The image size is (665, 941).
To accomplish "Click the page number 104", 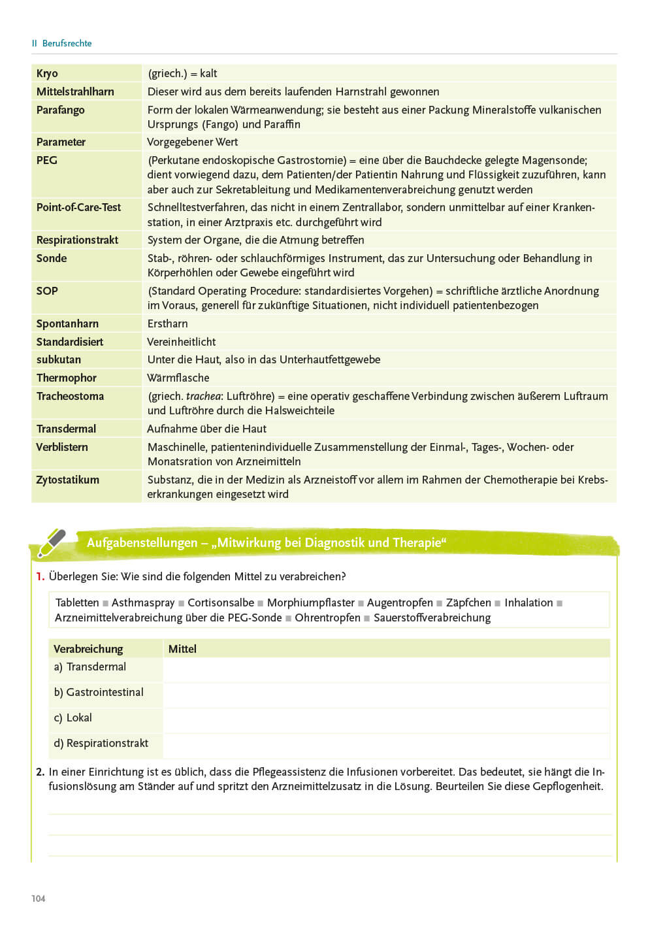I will [39, 899].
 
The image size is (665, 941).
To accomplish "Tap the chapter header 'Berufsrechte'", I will [67, 43].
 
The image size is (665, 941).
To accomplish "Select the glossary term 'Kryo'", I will [47, 73].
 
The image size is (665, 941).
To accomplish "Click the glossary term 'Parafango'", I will [60, 110].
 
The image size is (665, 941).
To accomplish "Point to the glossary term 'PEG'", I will [46, 160].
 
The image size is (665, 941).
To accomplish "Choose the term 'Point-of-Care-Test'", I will [78, 207].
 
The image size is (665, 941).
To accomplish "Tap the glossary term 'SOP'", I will [47, 291].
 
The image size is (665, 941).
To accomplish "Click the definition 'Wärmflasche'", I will [178, 378].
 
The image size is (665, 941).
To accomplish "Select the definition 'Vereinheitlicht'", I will [182, 342].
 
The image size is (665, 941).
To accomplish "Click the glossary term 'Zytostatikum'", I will [67, 480].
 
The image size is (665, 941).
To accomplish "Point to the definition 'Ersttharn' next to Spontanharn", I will [167, 323].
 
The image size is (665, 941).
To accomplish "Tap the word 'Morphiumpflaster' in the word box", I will [310, 603].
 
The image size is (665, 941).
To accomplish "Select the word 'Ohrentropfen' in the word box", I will [327, 618].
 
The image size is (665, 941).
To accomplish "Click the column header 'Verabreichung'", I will [88, 649].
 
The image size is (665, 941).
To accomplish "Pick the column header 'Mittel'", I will [182, 649].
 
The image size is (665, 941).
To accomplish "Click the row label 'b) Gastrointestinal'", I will [99, 692].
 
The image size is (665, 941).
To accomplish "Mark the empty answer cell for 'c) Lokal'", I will [385, 718].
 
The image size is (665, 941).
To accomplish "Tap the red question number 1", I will [40, 576].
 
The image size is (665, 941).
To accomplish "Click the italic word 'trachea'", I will [203, 396].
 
